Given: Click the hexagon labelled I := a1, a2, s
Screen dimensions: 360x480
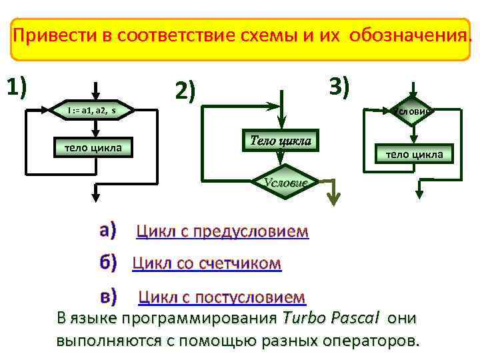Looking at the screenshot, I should [93, 109].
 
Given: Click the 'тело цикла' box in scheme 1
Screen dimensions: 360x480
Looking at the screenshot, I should [93, 147].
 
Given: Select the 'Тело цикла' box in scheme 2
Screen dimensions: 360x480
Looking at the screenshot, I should [280, 141].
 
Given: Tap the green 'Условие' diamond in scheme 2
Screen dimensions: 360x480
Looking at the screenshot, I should [285, 182].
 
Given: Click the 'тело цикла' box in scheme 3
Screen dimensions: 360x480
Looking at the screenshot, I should [414, 155].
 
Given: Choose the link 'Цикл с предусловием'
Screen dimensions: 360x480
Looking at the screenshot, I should [222, 232].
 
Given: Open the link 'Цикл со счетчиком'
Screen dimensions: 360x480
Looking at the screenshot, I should [207, 264].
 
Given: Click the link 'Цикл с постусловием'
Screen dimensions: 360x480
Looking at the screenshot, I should [221, 297].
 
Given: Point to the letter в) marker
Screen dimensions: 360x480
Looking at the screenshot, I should [108, 295].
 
